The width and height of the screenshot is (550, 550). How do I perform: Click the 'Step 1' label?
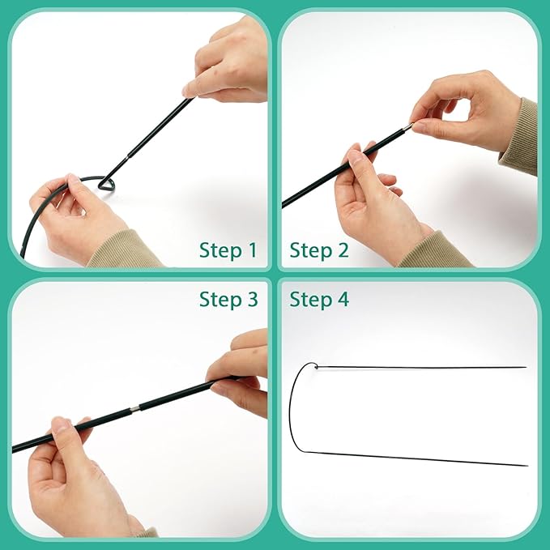pyautogui.click(x=228, y=251)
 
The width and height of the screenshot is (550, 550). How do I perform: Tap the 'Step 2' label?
pyautogui.click(x=319, y=251)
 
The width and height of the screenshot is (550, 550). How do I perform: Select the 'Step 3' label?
pyautogui.click(x=228, y=300)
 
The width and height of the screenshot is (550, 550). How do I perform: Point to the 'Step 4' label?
pyautogui.click(x=319, y=300)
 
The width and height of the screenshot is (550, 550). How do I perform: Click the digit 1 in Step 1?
pyautogui.click(x=251, y=251)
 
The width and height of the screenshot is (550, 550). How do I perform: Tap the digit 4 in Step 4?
pyautogui.click(x=343, y=300)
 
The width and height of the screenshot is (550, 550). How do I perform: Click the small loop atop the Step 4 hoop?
pyautogui.click(x=318, y=367)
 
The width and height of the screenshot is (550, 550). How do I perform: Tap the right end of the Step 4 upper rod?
pyautogui.click(x=525, y=367)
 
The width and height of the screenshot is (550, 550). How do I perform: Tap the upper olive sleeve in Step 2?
pyautogui.click(x=521, y=138)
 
